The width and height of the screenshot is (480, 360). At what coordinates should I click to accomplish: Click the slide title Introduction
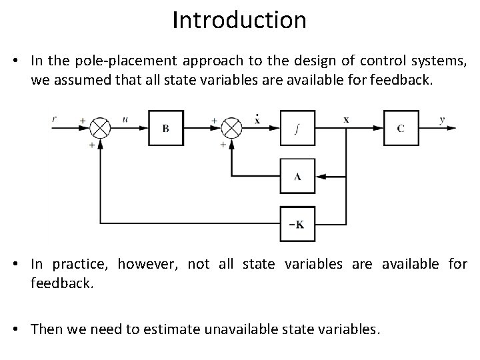pos(239,20)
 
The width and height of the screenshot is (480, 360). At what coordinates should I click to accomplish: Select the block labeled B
pos(165,128)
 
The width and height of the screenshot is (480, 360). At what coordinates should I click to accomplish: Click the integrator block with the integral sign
pos(298,128)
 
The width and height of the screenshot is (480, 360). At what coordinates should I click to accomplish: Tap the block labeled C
pos(400,128)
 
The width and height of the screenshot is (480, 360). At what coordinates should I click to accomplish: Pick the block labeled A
pos(298,177)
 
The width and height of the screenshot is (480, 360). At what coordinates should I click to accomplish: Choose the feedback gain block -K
pos(298,224)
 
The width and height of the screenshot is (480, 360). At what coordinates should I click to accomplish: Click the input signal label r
pos(55,120)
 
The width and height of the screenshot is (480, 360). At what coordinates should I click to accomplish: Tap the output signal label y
pos(442,120)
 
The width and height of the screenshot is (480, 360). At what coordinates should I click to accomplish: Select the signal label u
pos(125,120)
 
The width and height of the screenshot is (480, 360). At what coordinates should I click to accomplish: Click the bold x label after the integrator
pos(346,120)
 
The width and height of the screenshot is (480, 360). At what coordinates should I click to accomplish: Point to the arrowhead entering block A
pos(321,177)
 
